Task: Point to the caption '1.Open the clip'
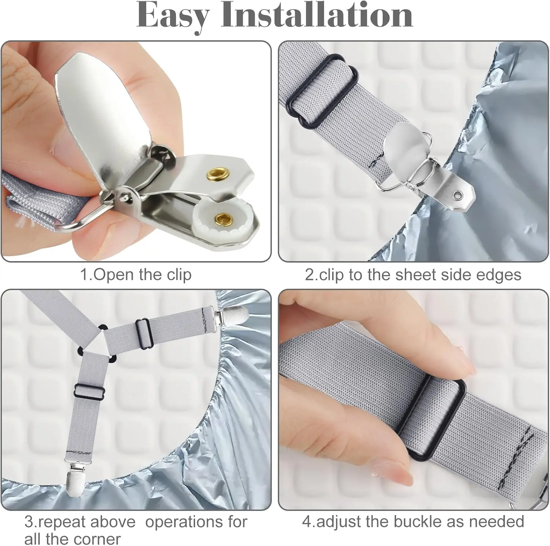136,275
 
